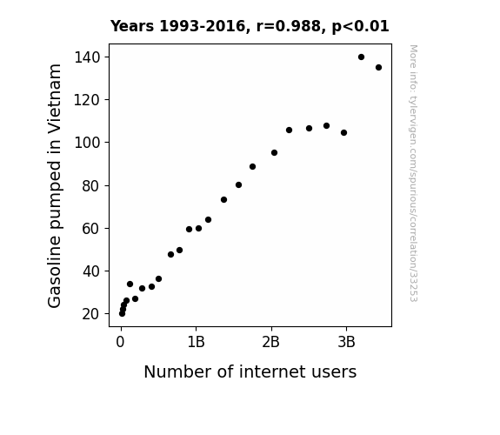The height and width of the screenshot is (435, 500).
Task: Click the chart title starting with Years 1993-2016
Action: point(250,26)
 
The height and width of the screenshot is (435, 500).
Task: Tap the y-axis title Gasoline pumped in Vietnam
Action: point(54,185)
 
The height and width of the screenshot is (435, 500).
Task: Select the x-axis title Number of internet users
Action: point(250,371)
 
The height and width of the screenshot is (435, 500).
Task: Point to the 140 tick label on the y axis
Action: point(87,57)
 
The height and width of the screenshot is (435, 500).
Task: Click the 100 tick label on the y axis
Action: point(87,143)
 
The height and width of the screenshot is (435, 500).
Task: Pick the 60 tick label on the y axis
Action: point(91,229)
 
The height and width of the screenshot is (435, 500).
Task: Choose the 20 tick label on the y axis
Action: point(91,314)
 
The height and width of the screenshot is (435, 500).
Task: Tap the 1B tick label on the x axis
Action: point(196,342)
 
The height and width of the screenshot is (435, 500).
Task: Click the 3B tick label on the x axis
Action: point(346,342)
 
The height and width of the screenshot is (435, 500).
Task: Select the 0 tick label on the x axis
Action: point(120,342)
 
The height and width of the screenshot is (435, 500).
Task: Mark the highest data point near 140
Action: point(361,57)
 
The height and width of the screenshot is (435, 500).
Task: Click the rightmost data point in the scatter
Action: point(378,67)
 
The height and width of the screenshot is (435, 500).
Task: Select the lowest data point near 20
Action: point(122,314)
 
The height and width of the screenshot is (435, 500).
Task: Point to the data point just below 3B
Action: point(343,133)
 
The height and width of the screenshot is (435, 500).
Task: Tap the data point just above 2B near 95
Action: point(274,153)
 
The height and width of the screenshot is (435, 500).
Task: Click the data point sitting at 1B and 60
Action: point(198,229)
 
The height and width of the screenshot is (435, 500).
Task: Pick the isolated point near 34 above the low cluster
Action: point(130,284)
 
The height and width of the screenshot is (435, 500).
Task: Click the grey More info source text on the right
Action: point(413,173)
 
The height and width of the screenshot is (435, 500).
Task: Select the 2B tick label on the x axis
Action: point(270,342)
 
